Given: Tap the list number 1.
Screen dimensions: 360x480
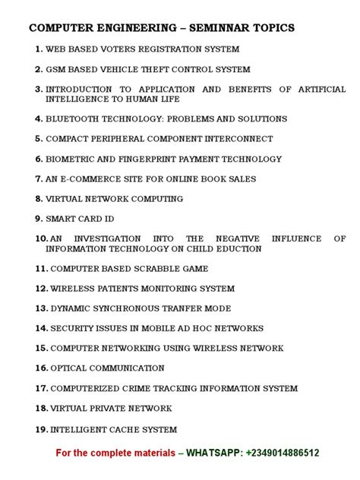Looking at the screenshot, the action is click(x=39, y=49).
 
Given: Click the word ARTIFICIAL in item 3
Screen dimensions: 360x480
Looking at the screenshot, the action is click(x=321, y=89).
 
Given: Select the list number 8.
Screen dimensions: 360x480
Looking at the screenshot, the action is click(x=39, y=199).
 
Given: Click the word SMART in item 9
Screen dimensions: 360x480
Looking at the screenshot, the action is click(x=62, y=219).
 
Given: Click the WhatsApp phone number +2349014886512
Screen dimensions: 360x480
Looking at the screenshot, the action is click(x=282, y=453).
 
